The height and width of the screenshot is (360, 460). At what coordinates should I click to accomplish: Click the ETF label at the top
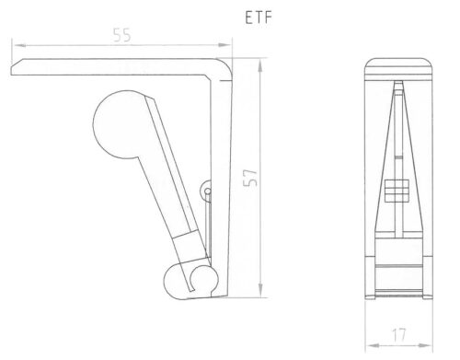pyautogui.click(x=259, y=17)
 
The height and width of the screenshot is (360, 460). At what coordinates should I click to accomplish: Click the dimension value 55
pyautogui.click(x=122, y=35)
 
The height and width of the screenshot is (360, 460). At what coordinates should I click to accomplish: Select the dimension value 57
pyautogui.click(x=250, y=178)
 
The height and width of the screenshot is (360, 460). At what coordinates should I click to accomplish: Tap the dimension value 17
pyautogui.click(x=399, y=335)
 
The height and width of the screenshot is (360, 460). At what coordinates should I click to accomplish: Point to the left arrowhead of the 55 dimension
pyautogui.click(x=19, y=45)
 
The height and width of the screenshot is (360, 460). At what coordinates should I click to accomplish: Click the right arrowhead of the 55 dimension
pyautogui.click(x=224, y=45)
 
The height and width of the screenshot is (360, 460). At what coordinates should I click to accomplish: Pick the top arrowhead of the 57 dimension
pyautogui.click(x=260, y=65)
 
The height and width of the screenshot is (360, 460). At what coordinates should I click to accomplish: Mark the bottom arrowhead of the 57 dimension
pyautogui.click(x=260, y=290)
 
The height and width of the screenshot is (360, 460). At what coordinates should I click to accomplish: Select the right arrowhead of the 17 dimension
pyautogui.click(x=425, y=345)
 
